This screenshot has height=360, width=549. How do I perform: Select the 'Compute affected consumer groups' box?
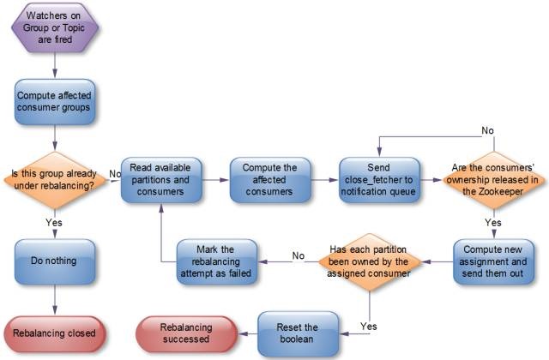coord(55,102)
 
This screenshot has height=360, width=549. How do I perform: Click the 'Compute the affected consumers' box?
coord(269,179)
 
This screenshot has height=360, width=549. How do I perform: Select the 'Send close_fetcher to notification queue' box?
coord(379,179)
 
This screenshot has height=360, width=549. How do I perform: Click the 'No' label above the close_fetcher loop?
coord(486,130)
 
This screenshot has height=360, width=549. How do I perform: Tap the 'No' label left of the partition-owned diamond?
coord(298,255)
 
